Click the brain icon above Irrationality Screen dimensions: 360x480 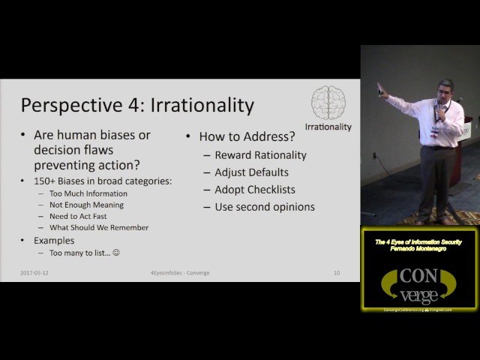(x=328, y=102)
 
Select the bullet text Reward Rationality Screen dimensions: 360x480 (x=260, y=155)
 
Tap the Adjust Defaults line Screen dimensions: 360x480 (x=251, y=172)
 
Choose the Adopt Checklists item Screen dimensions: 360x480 (x=255, y=190)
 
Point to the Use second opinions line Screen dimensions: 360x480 (x=265, y=207)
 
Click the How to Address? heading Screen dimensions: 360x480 (x=247, y=136)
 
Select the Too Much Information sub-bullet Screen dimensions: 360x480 (x=88, y=193)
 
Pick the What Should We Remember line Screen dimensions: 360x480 (x=99, y=227)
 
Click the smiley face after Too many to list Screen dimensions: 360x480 (x=115, y=253)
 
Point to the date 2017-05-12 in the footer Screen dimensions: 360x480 (x=35, y=273)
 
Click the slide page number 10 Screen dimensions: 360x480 (x=337, y=273)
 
